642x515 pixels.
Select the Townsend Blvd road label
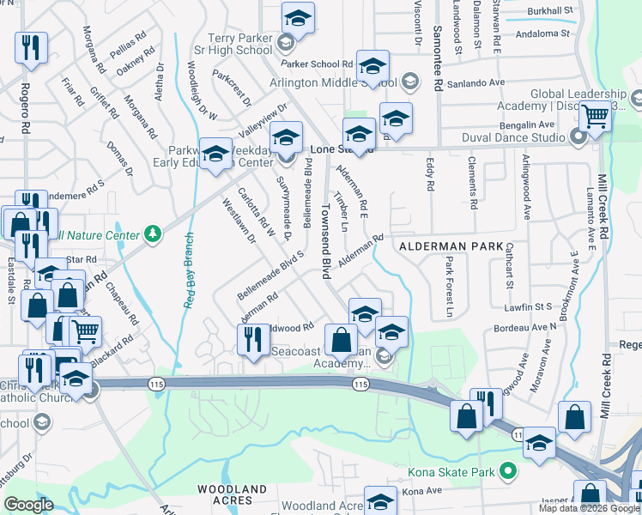(326, 241)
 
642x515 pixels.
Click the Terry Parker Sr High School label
(242, 45)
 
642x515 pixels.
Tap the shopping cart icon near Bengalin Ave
(595, 117)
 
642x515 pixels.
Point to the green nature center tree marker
(152, 233)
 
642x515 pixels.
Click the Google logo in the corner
(29, 505)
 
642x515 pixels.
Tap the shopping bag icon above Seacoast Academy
(342, 339)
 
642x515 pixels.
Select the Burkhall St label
(551, 11)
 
